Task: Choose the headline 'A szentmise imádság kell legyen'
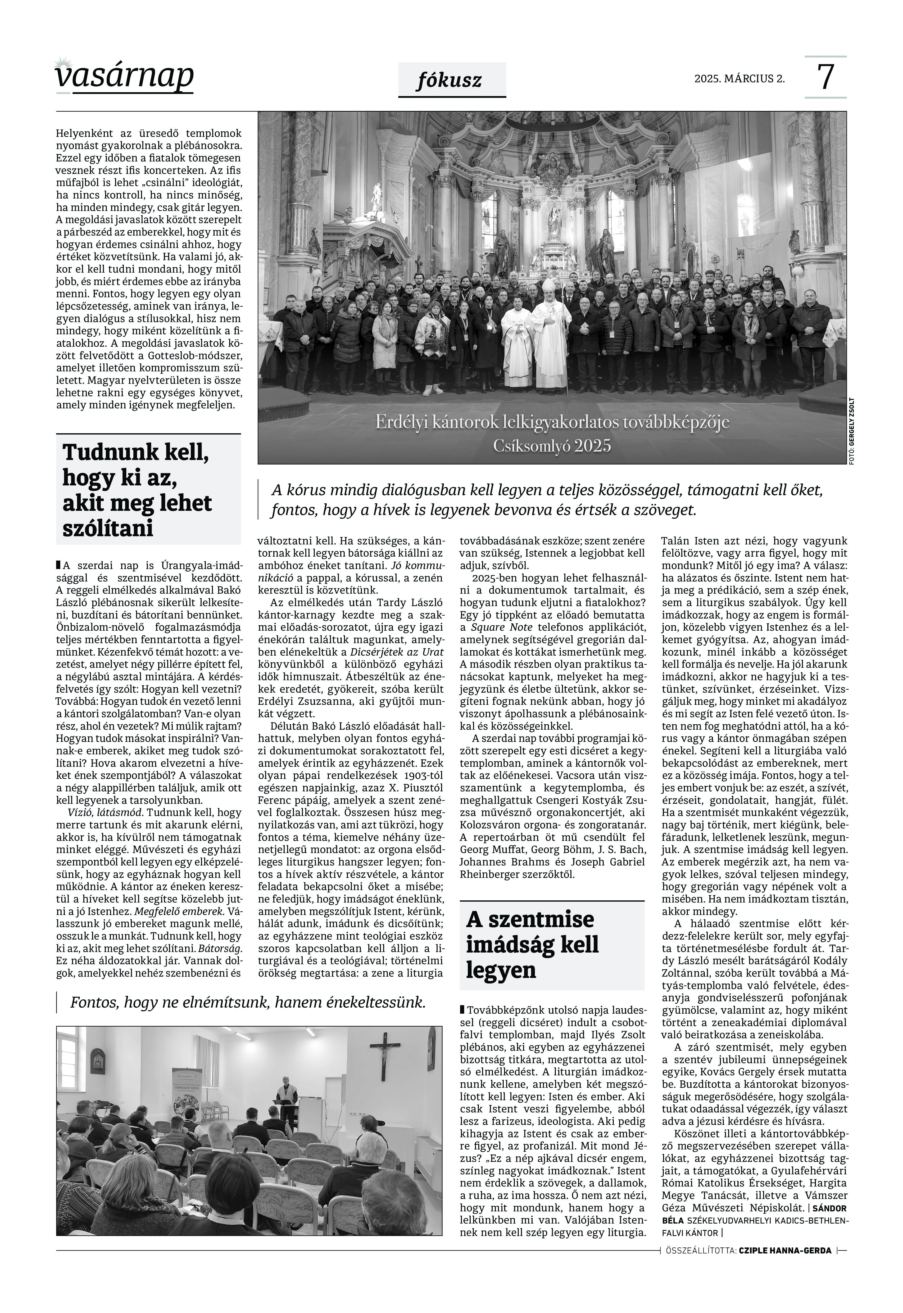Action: click(x=532, y=945)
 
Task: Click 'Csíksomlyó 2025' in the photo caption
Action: click(x=552, y=446)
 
